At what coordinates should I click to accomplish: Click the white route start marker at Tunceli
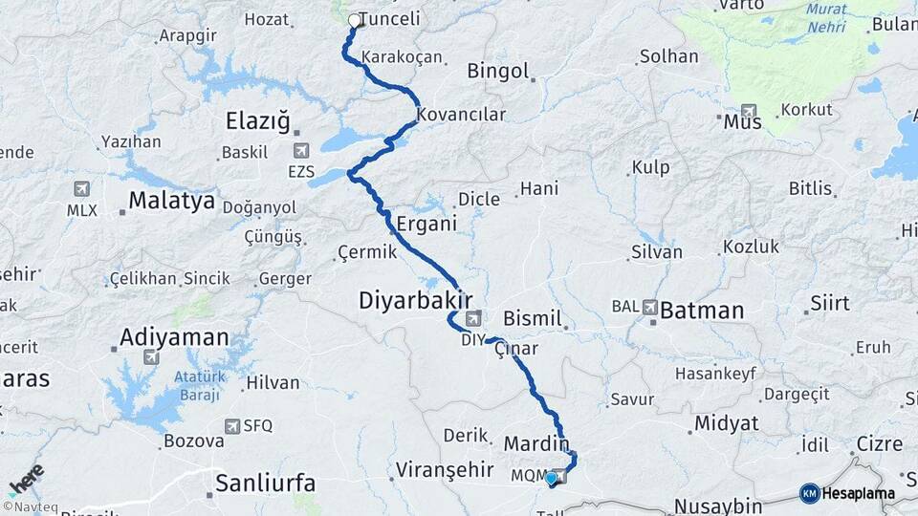[x=355, y=20]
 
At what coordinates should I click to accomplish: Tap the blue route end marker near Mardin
[x=551, y=477]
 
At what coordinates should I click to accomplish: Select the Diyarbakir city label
[x=416, y=300]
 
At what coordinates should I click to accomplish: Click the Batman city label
[x=702, y=310]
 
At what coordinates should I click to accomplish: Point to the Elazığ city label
[x=257, y=121]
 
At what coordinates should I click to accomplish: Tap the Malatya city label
[x=171, y=201]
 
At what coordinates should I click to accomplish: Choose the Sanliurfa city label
[x=265, y=483]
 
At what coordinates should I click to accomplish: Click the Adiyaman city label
[x=174, y=337]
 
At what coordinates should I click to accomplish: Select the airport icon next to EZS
[x=302, y=150]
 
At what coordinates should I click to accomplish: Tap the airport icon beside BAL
[x=650, y=308]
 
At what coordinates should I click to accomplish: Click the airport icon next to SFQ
[x=231, y=426]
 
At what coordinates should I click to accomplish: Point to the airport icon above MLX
[x=81, y=189]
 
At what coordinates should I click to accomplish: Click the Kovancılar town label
[x=461, y=115]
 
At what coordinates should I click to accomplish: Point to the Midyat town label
[x=727, y=422]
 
